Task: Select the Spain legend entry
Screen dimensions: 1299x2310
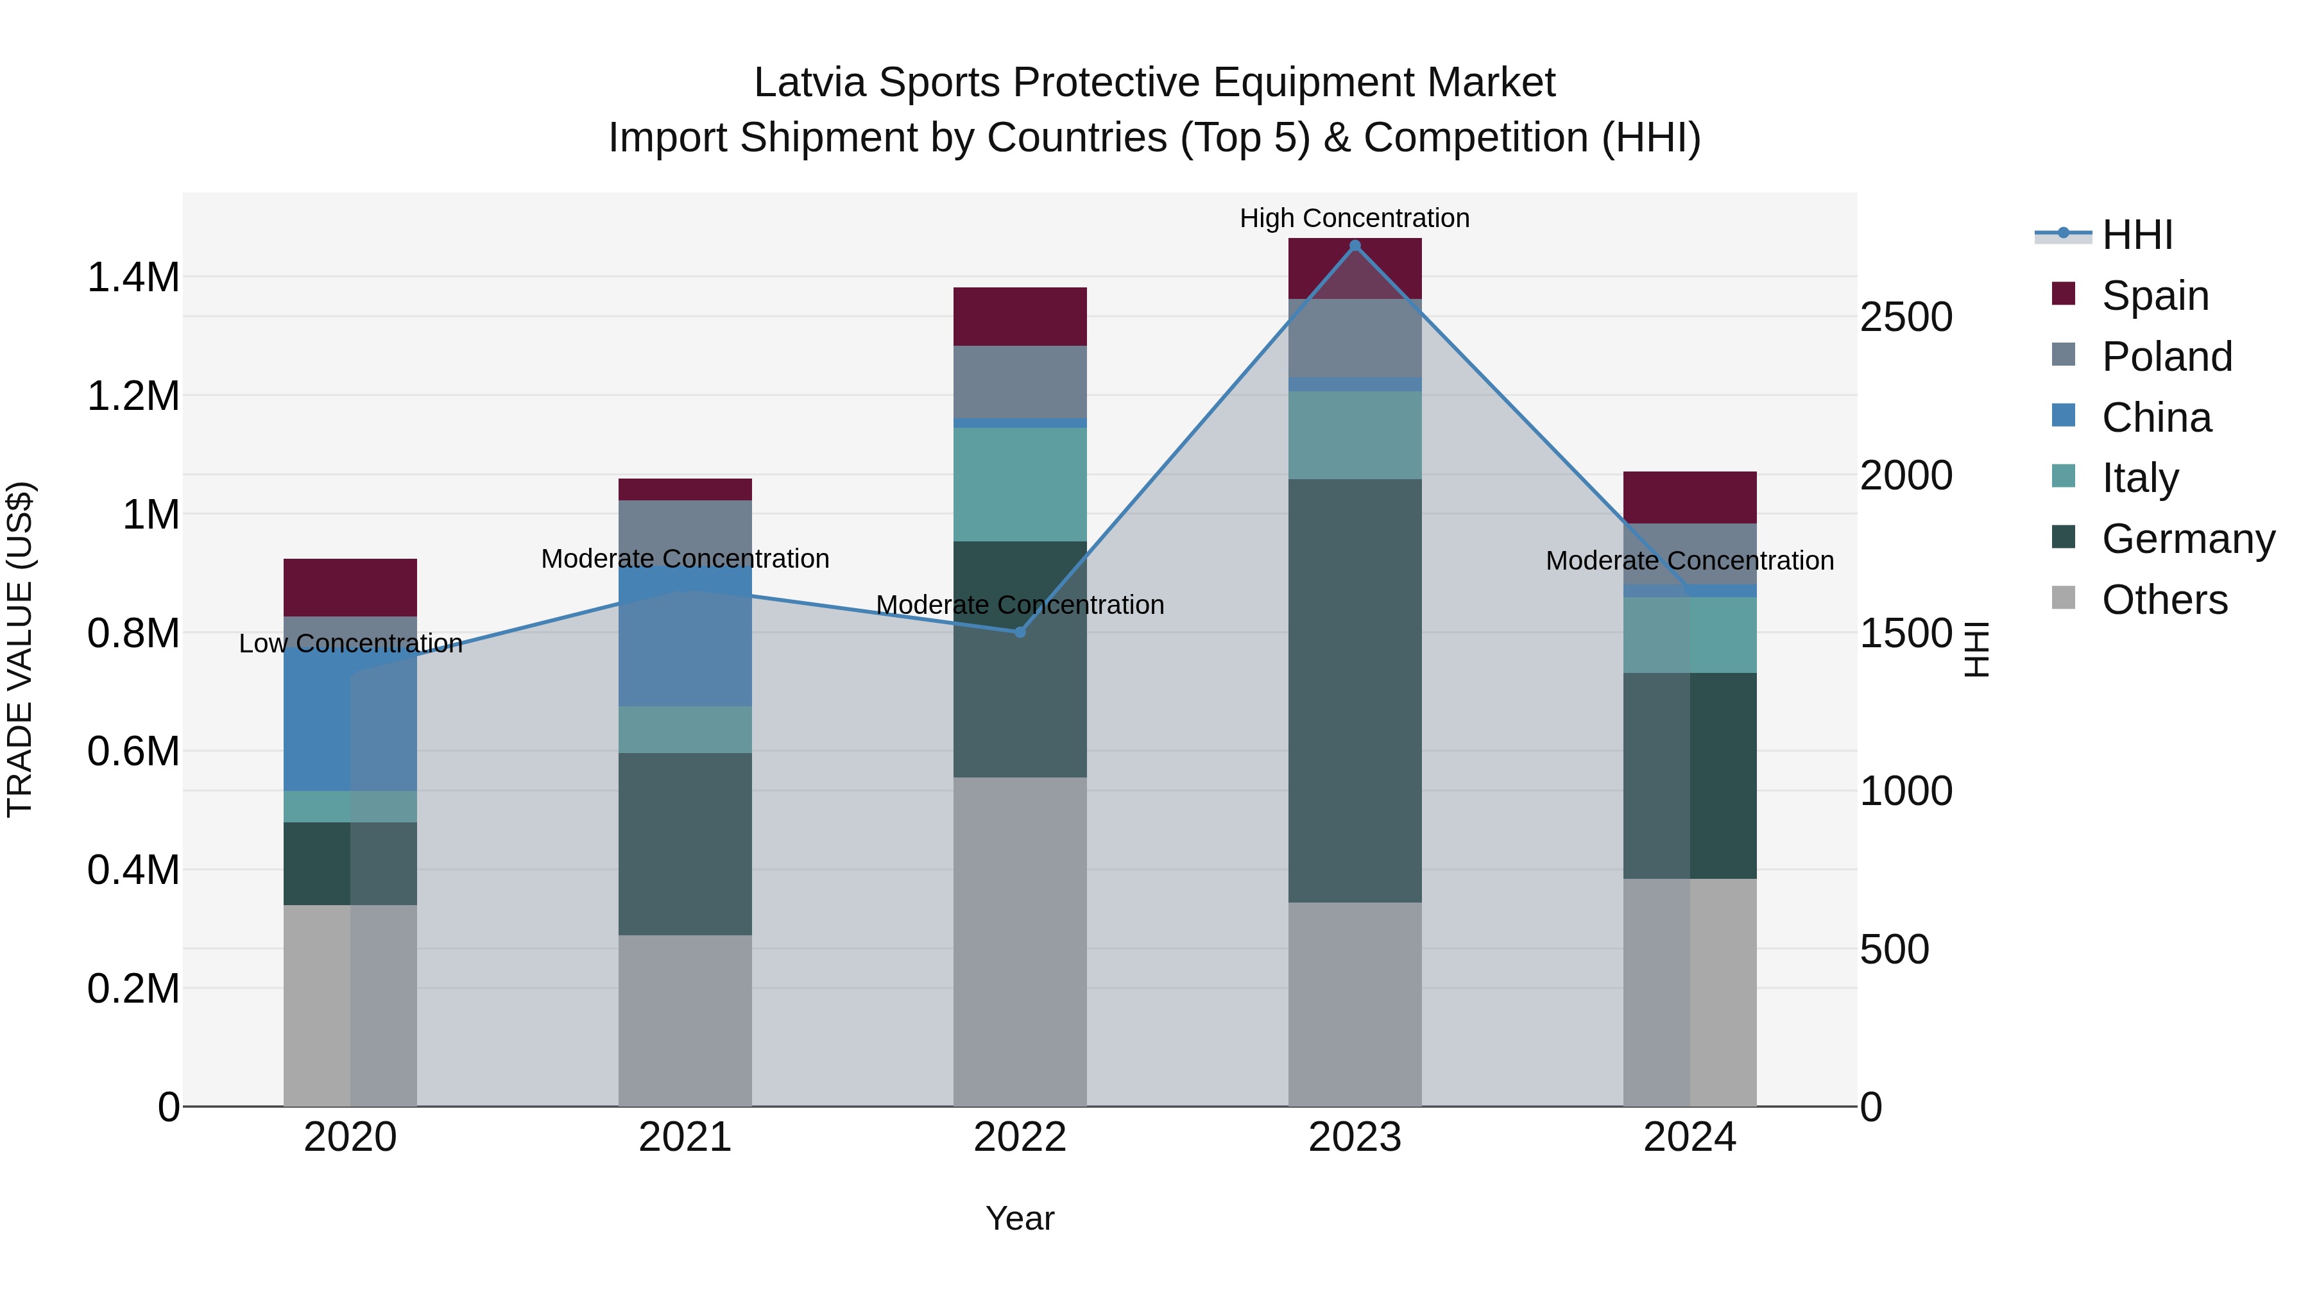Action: tap(2154, 296)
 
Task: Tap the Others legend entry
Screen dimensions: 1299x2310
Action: tap(2163, 600)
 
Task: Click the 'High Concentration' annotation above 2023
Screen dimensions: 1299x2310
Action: tap(1354, 218)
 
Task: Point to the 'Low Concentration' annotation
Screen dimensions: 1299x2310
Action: tap(350, 643)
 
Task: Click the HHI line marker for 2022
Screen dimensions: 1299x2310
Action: tap(1020, 632)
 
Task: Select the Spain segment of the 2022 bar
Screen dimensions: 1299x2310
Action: tap(1020, 316)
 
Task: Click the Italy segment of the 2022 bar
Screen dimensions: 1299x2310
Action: tap(1020, 484)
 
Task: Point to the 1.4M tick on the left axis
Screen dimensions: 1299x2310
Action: tap(133, 278)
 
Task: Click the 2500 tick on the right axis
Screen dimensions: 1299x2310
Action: tap(1906, 318)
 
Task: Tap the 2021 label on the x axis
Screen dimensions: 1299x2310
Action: tap(685, 1137)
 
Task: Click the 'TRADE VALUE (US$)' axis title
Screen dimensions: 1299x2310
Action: tap(20, 649)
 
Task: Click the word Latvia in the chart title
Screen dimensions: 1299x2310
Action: tap(810, 83)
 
